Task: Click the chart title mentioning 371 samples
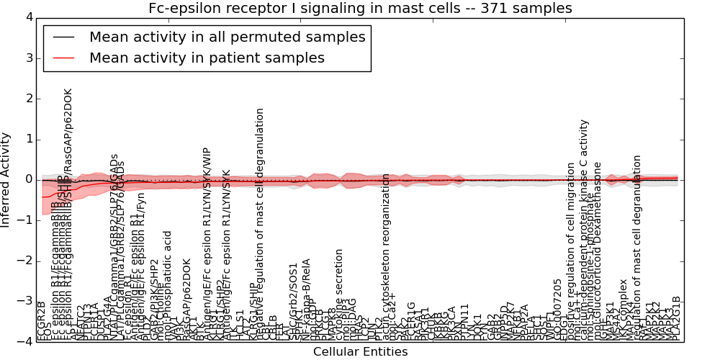pos(360,9)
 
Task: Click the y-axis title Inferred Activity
pos(6,179)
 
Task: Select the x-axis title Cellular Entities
pos(360,352)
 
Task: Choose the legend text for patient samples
pos(207,58)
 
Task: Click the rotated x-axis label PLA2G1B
pos(676,318)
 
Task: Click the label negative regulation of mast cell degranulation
pos(261,223)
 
